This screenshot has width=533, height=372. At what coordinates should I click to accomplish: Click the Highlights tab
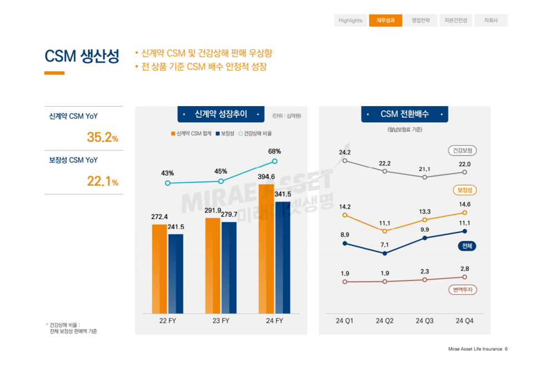pyautogui.click(x=350, y=21)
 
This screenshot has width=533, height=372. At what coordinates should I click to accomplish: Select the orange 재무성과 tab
pyautogui.click(x=385, y=21)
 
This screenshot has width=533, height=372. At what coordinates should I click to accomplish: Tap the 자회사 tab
pyautogui.click(x=491, y=21)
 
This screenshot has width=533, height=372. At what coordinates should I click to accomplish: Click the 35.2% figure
pyautogui.click(x=102, y=138)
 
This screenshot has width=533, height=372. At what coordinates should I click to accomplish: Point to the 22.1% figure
pyautogui.click(x=102, y=182)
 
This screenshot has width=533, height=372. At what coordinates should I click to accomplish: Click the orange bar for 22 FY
pyautogui.click(x=159, y=269)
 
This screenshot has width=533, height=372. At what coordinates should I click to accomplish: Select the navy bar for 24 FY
pyautogui.click(x=283, y=258)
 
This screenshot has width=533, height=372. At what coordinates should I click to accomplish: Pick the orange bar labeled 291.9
pyautogui.click(x=213, y=265)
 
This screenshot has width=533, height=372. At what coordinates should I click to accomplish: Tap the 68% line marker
pyautogui.click(x=274, y=162)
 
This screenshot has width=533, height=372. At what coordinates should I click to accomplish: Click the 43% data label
pyautogui.click(x=168, y=173)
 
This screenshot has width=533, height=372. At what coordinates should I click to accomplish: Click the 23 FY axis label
pyautogui.click(x=221, y=321)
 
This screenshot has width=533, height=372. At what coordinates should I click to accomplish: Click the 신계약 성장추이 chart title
pyautogui.click(x=221, y=114)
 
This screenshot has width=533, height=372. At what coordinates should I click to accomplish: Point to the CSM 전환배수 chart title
pyautogui.click(x=404, y=114)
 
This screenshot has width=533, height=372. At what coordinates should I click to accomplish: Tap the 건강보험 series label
pyautogui.click(x=462, y=150)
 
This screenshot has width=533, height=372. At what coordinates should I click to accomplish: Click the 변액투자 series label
pyautogui.click(x=462, y=290)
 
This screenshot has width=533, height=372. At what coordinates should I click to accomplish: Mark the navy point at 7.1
pyautogui.click(x=385, y=253)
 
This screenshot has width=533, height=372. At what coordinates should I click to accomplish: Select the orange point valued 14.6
pyautogui.click(x=464, y=213)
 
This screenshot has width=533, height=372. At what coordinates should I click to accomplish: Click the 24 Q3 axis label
pyautogui.click(x=425, y=321)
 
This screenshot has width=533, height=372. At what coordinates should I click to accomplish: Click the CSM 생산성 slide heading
pyautogui.click(x=82, y=57)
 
